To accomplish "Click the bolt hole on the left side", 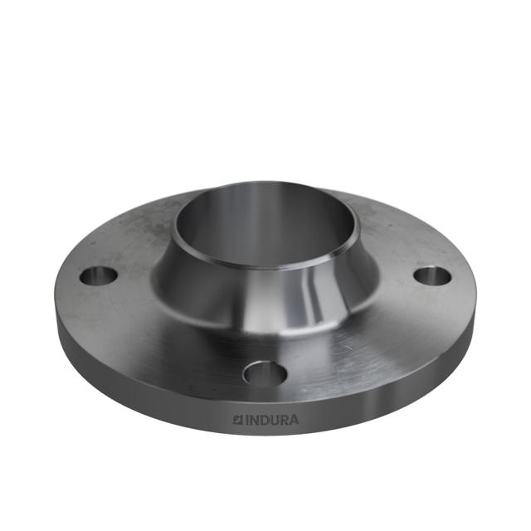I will [98, 275].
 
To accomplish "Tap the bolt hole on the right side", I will [431, 275].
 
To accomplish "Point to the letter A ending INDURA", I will [294, 421].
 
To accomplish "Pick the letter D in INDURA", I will [262, 421].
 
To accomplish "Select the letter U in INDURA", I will [272, 421].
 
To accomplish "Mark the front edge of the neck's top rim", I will [265, 265].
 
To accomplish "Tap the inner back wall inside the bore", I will [265, 207].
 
